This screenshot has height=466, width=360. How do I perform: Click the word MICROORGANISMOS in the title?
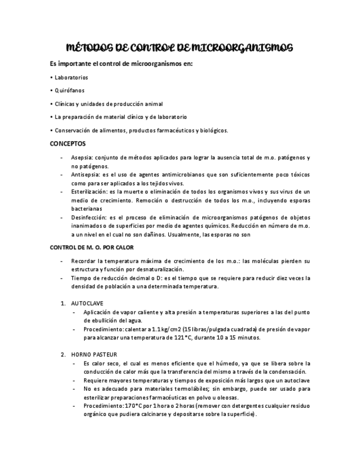click(245, 48)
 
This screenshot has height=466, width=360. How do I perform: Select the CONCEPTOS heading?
click(68, 144)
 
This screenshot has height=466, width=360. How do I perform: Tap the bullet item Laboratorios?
click(70, 77)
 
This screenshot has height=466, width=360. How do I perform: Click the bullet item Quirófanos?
click(69, 91)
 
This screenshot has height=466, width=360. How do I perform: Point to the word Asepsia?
click(82, 158)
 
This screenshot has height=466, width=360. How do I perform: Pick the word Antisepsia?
click(85, 175)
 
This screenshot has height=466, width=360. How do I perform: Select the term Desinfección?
click(88, 218)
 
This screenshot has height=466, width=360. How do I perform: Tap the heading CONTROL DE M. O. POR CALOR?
click(91, 247)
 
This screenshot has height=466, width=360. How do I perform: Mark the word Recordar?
click(84, 260)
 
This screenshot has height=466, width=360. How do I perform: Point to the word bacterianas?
click(86, 209)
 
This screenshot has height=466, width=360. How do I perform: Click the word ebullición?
click(100, 320)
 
